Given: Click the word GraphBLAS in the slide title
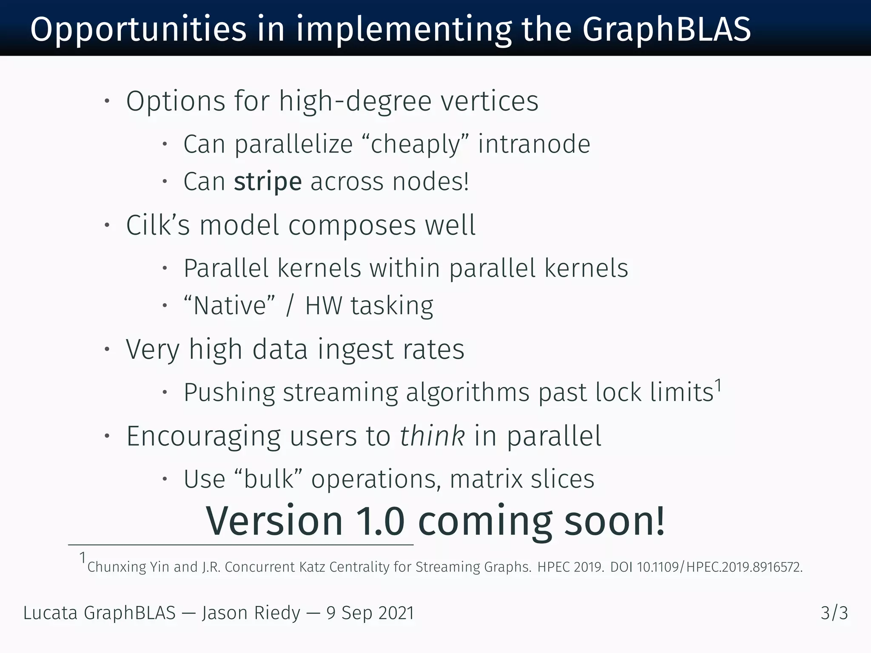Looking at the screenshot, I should pos(666,30).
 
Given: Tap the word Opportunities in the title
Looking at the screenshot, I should pos(138,30).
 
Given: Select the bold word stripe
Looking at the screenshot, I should pos(268,182).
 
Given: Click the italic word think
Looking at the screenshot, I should pos(432,436).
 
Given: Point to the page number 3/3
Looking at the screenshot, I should pos(834,613).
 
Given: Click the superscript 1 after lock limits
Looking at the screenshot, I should pos(718,385).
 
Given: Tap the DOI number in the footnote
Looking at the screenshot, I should pos(719,567).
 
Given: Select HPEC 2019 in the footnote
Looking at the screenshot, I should pos(570,567).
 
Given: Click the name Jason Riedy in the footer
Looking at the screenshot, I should pos(251,613).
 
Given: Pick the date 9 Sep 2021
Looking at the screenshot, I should pos(370,613).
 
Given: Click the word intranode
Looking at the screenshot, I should pos(534,144).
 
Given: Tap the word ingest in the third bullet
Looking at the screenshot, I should pos(355,349).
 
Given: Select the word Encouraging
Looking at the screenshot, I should pos(203,436).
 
